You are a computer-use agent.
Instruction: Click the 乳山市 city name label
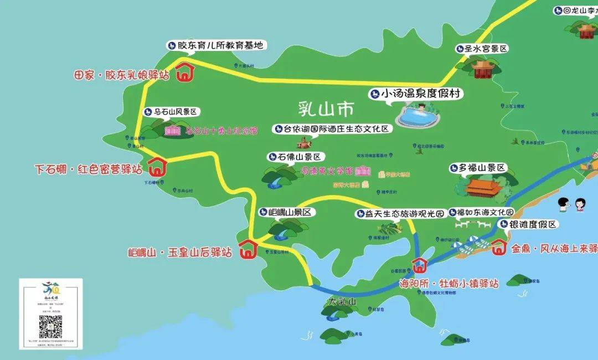click(325, 109)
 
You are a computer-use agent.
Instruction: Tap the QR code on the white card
click(50, 327)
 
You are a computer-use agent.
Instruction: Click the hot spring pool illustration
click(419, 116)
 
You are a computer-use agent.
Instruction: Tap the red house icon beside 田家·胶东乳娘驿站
click(184, 73)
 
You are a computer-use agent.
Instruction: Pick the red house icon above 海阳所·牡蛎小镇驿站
click(419, 265)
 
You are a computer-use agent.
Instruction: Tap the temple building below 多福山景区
click(483, 187)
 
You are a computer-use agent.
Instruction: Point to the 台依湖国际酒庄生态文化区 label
click(332, 129)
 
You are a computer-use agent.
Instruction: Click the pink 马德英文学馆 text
click(327, 171)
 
